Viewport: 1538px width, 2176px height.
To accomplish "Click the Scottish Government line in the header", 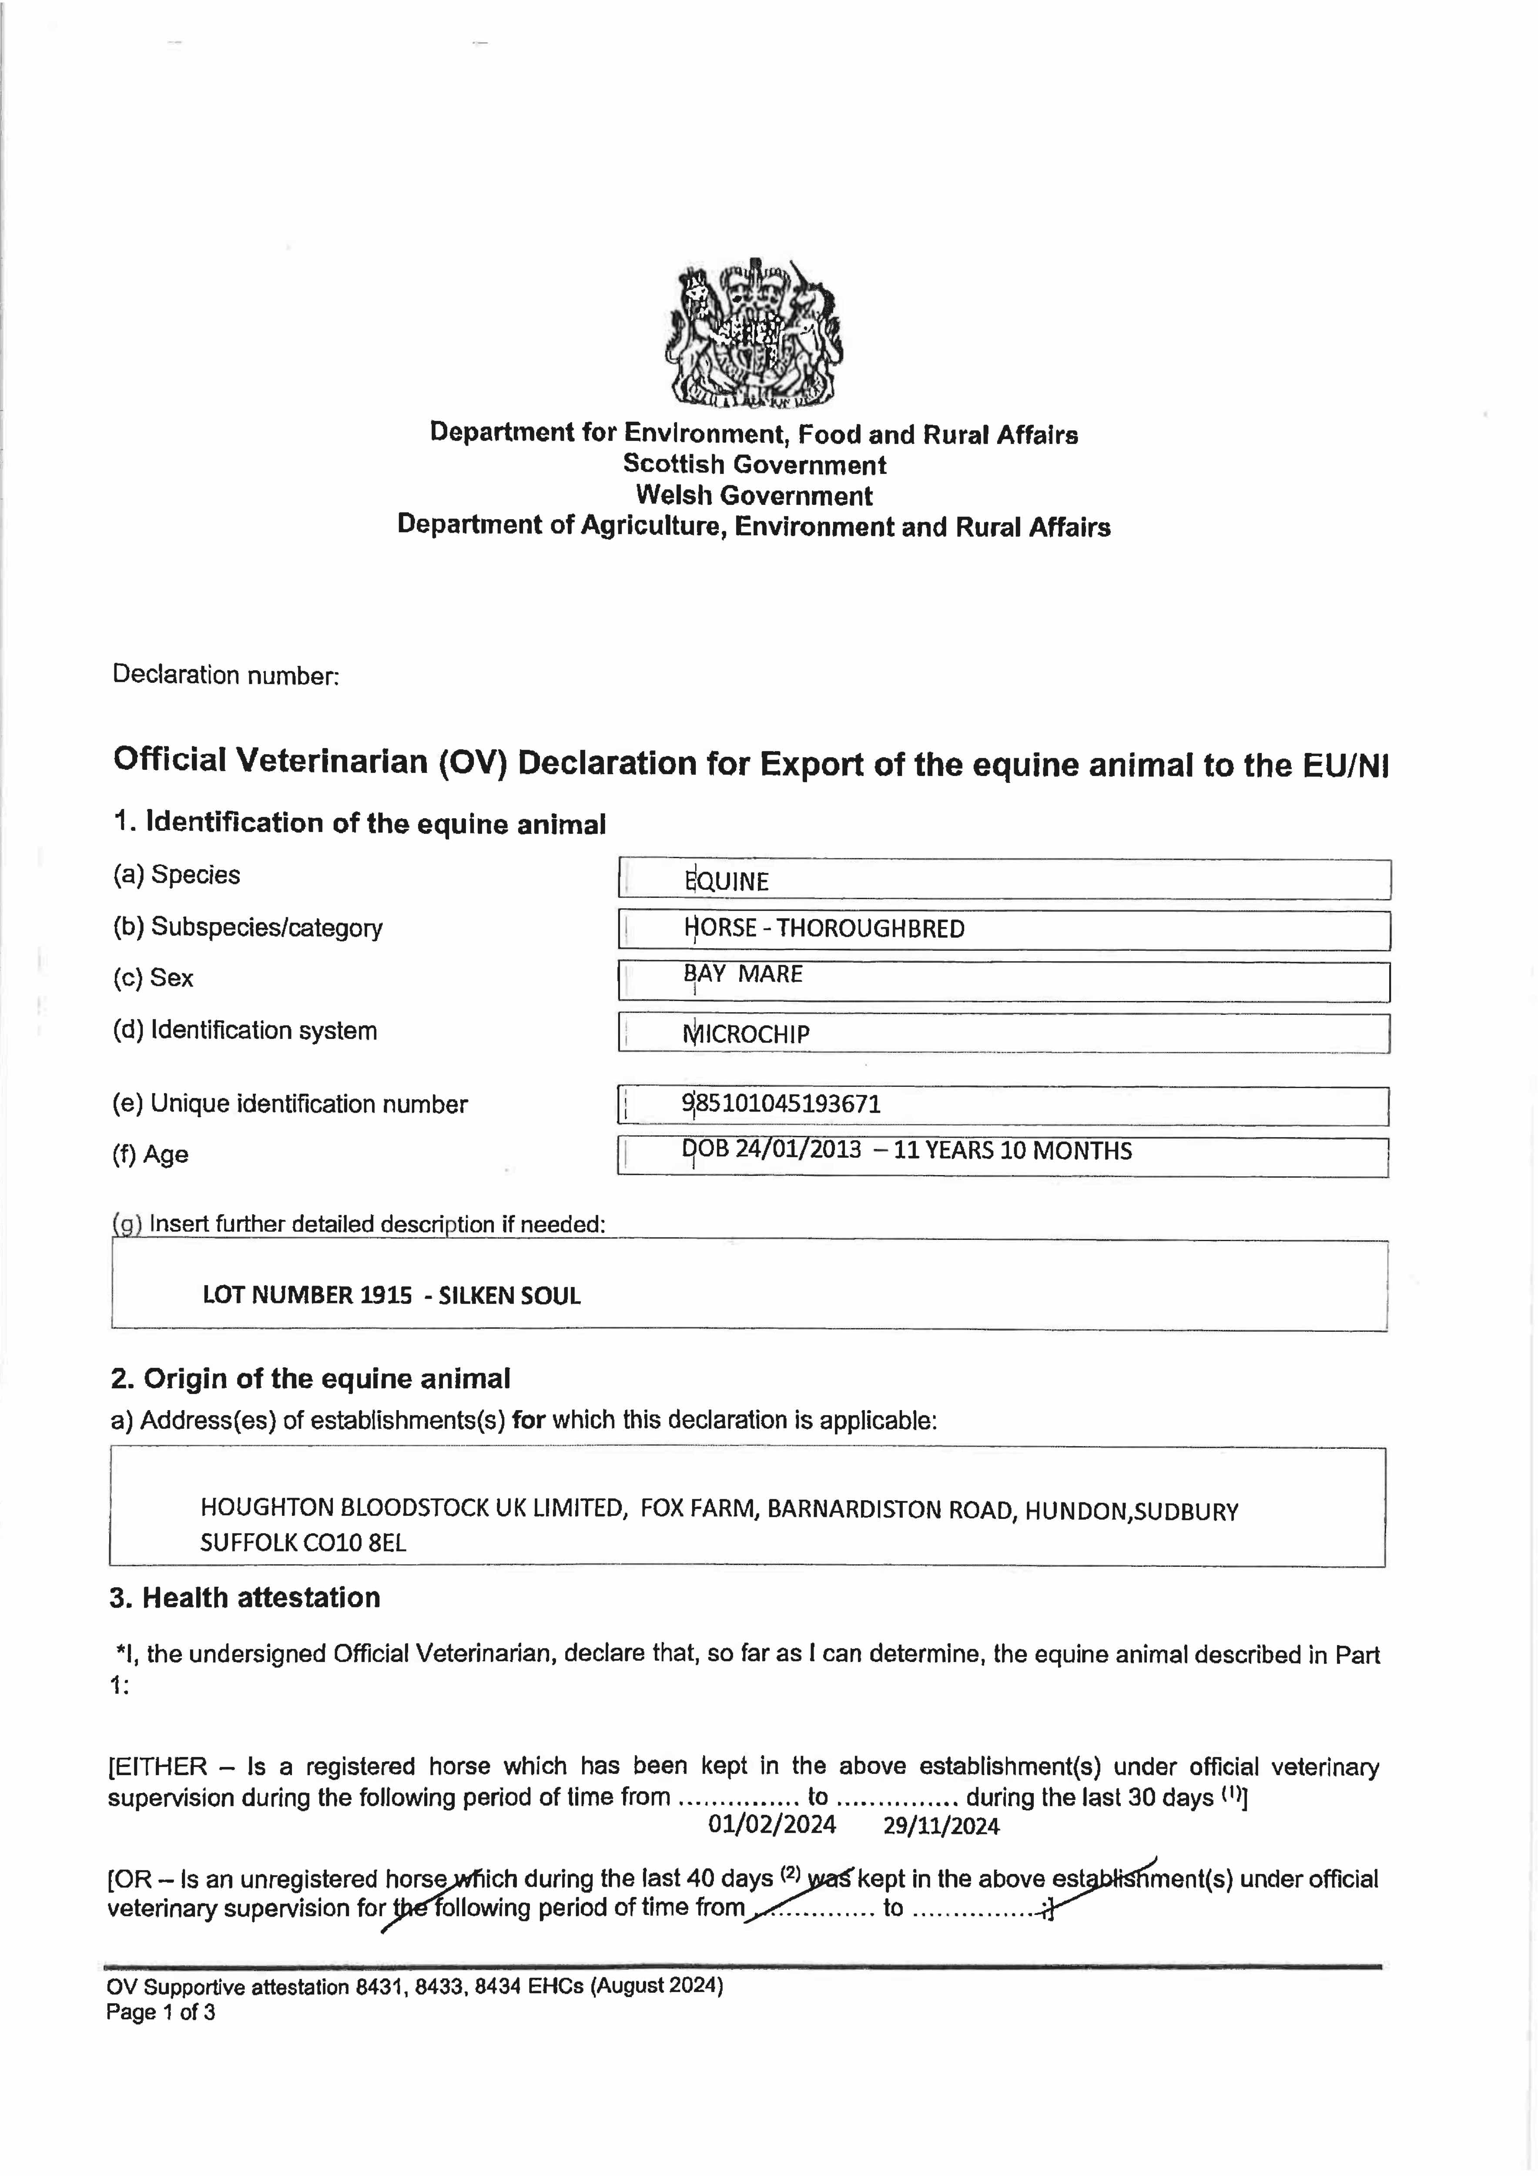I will pyautogui.click(x=754, y=464).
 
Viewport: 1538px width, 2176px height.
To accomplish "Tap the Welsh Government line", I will pyautogui.click(x=754, y=496).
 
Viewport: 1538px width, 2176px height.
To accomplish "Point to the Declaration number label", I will pyautogui.click(x=225, y=675).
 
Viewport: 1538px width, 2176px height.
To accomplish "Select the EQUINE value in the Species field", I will pyautogui.click(x=727, y=881).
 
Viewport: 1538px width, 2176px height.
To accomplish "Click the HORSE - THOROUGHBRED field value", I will pyautogui.click(x=824, y=929).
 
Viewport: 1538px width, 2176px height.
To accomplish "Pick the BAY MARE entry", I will pyautogui.click(x=744, y=974).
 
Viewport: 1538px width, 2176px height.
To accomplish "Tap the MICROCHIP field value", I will pyautogui.click(x=747, y=1034).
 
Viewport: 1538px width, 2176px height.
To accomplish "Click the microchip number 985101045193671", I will pyautogui.click(x=782, y=1104).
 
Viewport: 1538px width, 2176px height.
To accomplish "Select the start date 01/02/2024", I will pyautogui.click(x=772, y=1825).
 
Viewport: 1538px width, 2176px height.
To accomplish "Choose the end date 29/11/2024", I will pyautogui.click(x=941, y=1826).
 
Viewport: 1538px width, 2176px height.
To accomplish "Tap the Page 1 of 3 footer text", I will pyautogui.click(x=160, y=2012).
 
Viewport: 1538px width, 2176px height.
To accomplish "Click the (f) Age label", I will pyautogui.click(x=151, y=1154).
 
